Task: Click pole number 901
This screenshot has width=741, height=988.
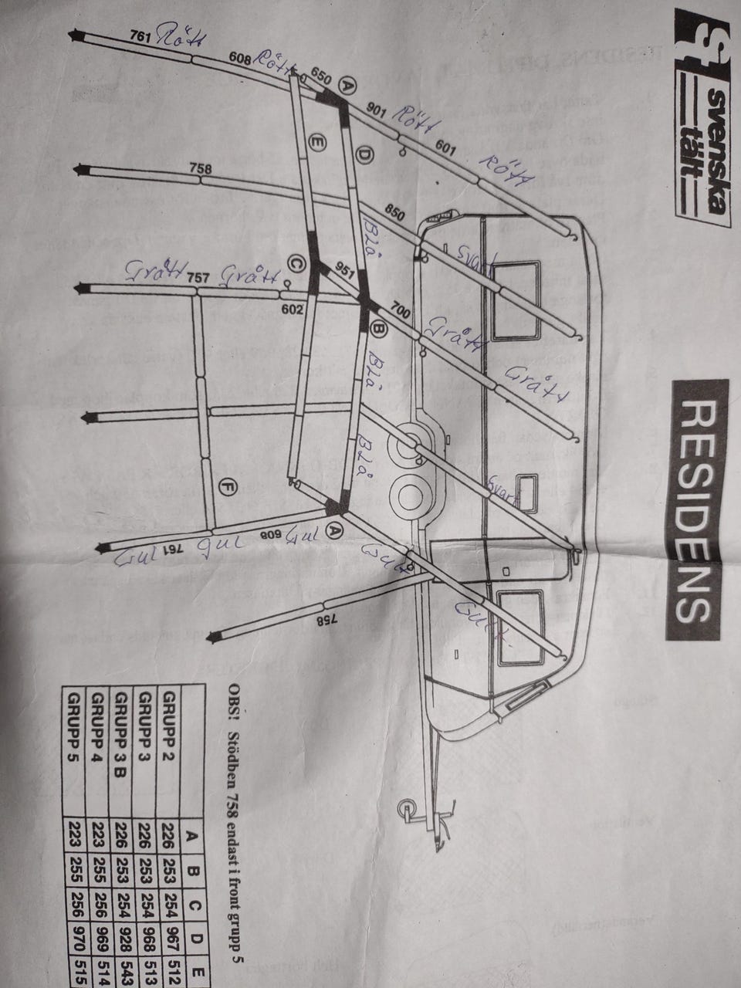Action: [x=376, y=110]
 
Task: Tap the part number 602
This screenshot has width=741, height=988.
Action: [x=290, y=310]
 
